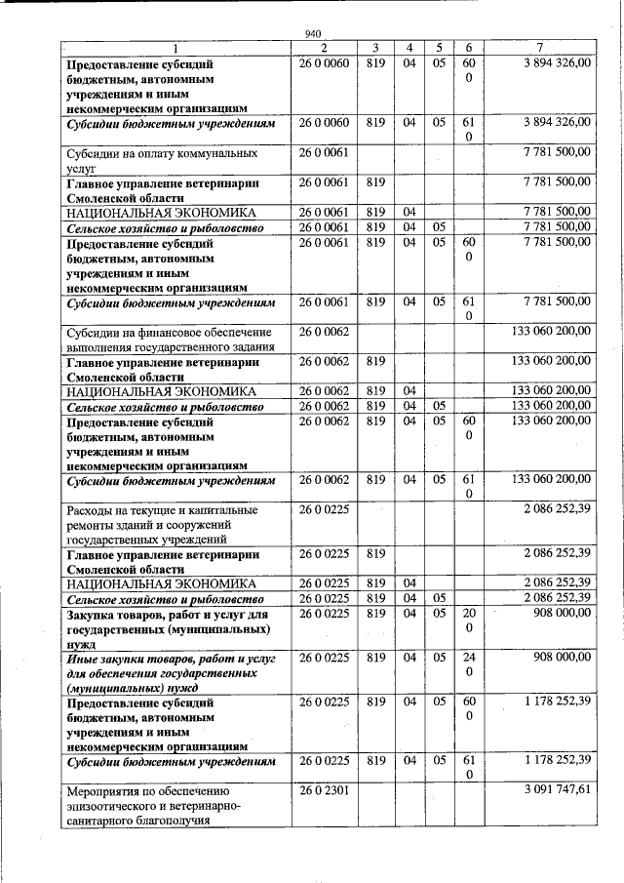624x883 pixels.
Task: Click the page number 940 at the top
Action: click(312, 31)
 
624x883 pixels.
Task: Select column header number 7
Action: click(553, 47)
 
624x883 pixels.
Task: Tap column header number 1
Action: click(175, 47)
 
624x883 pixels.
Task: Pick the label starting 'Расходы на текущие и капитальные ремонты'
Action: click(162, 524)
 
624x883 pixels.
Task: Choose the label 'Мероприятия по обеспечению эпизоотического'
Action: click(157, 805)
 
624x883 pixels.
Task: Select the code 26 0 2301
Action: click(325, 790)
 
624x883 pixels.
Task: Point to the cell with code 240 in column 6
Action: click(469, 665)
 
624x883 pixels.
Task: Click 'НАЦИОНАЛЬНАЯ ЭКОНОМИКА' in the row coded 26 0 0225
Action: click(161, 583)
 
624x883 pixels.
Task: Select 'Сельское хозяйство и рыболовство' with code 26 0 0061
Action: click(163, 226)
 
